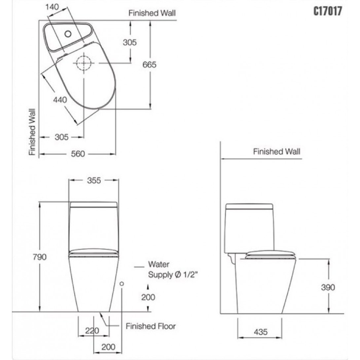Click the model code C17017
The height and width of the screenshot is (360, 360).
pos(328,11)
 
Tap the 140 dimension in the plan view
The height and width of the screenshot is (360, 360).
pos(52,7)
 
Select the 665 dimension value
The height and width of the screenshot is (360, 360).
pos(149,65)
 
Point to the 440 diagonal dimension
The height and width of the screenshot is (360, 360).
pos(60,100)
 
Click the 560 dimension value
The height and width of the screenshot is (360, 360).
pos(78,154)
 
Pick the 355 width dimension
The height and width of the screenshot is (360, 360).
pos(94,180)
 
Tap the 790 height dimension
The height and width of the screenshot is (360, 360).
pos(40,257)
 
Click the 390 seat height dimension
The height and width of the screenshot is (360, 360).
pos(328,287)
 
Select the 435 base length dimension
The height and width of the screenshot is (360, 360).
pos(261,332)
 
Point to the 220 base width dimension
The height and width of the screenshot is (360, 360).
pos(92,331)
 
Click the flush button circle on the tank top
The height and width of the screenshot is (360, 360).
pos(68,34)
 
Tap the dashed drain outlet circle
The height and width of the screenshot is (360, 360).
pos(84,63)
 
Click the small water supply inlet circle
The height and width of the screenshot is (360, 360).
pos(122,284)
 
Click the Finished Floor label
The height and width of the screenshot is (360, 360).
pos(151,326)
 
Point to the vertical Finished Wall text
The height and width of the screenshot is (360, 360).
pos(32,132)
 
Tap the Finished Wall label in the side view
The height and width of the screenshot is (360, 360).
pos(277,152)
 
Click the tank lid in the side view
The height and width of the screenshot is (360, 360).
pos(249,206)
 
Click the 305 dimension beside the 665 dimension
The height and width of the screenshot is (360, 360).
pos(130,42)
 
